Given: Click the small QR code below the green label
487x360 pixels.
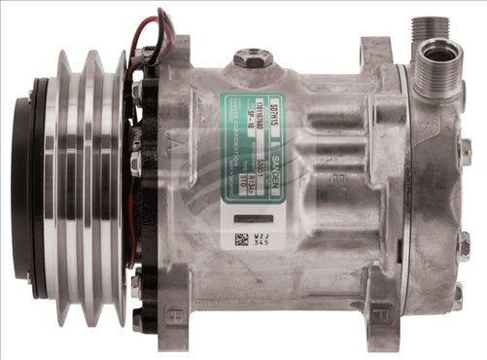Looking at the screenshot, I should [x=241, y=238].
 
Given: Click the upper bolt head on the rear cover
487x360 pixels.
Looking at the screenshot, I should [x=465, y=152].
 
